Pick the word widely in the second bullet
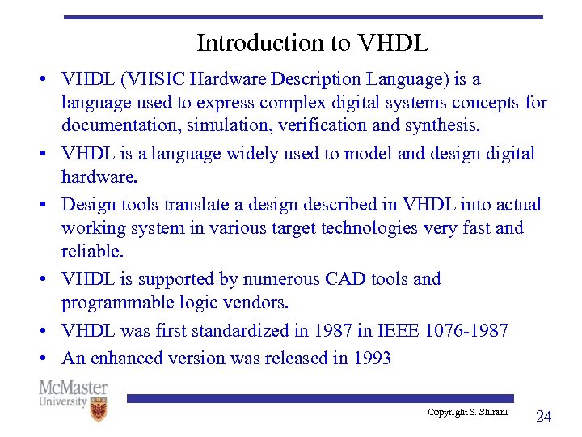pos(247,153)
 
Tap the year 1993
pos(372,358)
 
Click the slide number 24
pos(544,416)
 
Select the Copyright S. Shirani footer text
pos(467,413)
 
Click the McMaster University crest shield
pos(99,409)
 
